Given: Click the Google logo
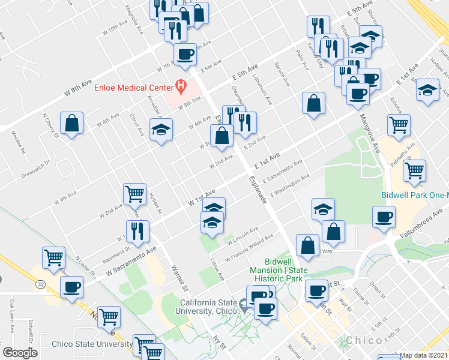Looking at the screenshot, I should [x=20, y=353].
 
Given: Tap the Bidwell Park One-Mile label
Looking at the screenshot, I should [x=415, y=196].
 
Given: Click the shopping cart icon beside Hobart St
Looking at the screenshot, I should [x=134, y=193].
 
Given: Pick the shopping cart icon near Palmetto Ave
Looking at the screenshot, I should [x=414, y=170].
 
